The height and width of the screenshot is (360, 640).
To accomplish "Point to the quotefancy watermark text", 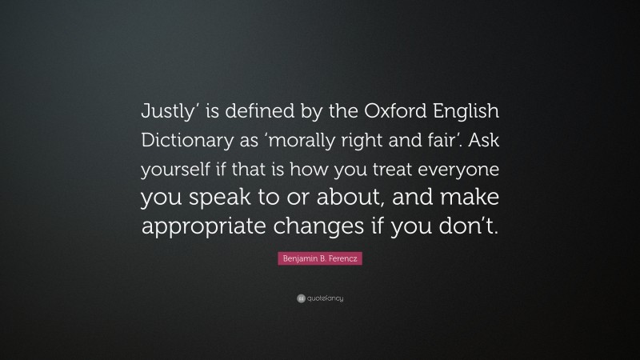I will click(326, 298).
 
